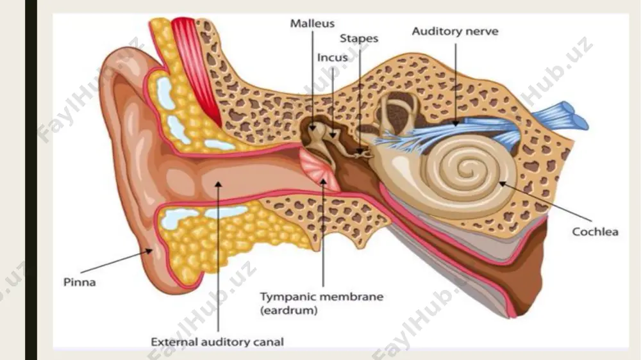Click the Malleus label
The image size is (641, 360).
click(x=312, y=24)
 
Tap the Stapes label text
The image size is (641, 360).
click(x=359, y=39)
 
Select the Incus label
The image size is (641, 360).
click(x=332, y=58)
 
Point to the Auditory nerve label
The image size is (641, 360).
click(x=455, y=31)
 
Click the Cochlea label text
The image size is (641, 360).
click(x=595, y=232)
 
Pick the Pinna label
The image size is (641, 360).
click(x=79, y=282)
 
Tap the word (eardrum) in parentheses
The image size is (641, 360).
click(x=288, y=310)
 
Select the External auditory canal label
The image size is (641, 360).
click(x=217, y=341)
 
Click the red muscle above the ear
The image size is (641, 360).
click(x=196, y=69)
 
